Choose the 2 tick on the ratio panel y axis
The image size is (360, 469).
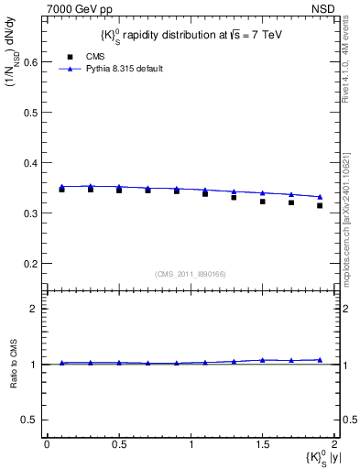(37, 309)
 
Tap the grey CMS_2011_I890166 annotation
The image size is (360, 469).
(191, 274)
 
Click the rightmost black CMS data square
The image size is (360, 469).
(320, 206)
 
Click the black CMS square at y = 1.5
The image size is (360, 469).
(262, 202)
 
